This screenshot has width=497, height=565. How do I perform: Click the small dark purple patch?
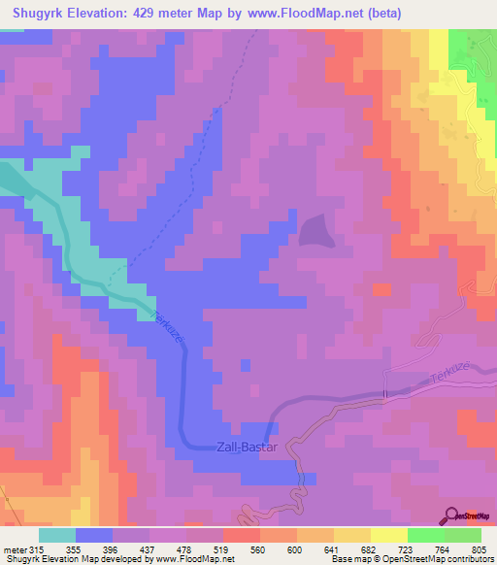[x=313, y=231]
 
